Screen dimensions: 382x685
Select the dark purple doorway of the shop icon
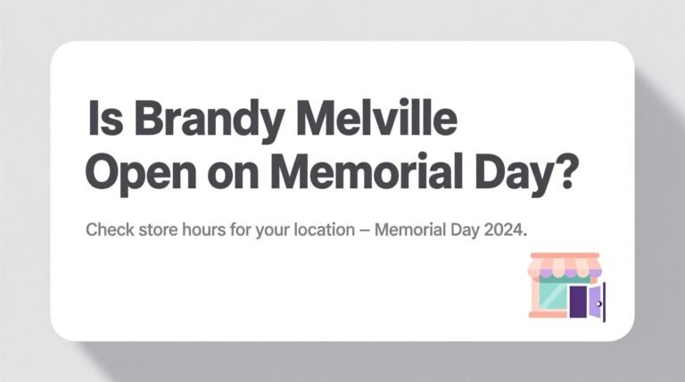tap(578, 302)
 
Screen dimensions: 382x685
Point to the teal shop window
tap(552, 295)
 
